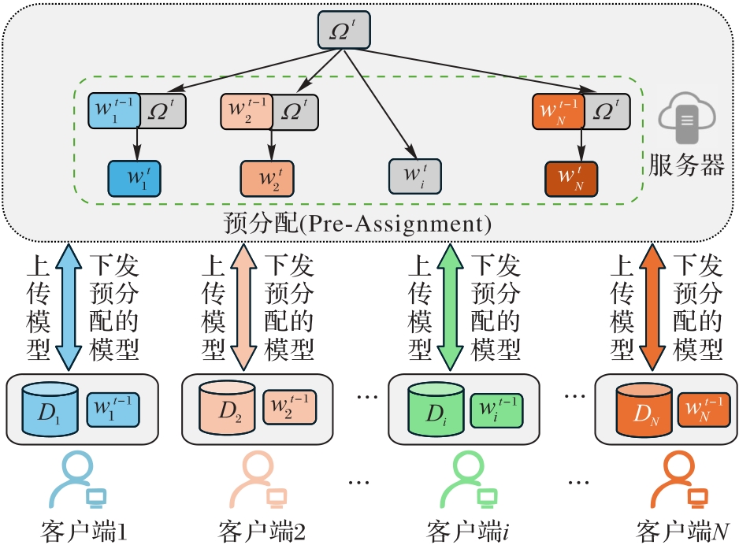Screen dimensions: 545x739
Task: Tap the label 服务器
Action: (687, 165)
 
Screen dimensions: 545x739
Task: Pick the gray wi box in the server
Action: (415, 176)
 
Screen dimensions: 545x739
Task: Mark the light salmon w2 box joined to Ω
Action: (246, 111)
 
